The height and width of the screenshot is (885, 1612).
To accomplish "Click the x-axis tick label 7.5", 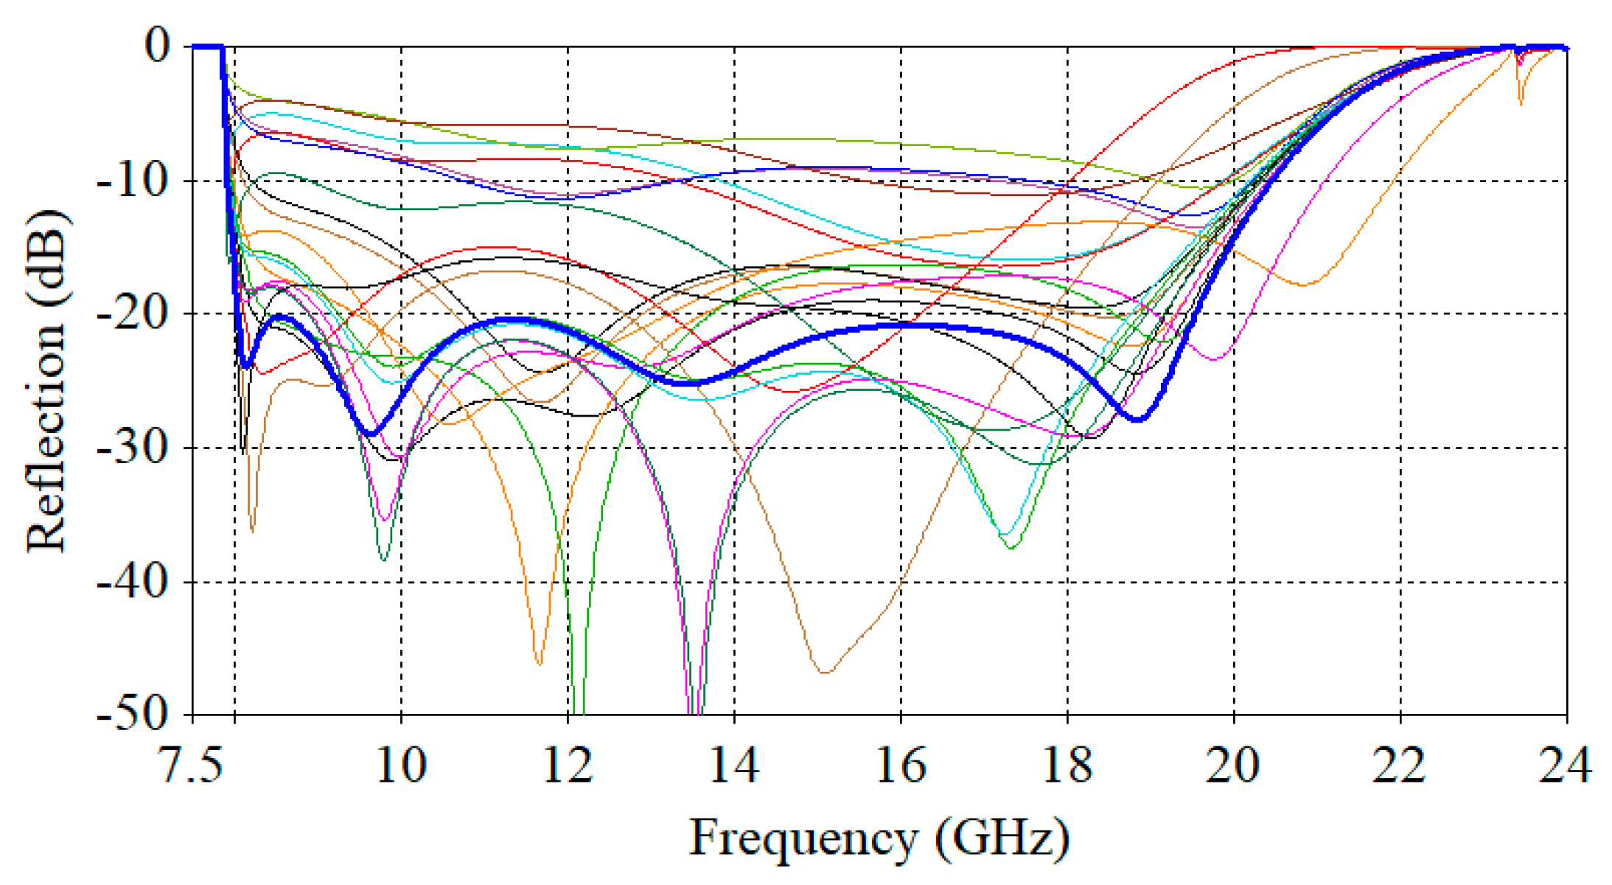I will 191,765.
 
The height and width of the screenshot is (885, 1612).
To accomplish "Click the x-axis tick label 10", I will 401,765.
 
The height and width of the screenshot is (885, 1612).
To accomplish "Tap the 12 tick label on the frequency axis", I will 568,765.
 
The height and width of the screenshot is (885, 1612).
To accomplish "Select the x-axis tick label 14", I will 734,765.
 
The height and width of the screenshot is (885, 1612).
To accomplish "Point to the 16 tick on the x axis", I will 901,765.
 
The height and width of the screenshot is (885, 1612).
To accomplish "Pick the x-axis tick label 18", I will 1067,765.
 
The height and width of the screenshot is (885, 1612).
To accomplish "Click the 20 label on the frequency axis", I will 1232,765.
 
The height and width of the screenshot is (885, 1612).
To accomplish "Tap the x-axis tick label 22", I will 1399,765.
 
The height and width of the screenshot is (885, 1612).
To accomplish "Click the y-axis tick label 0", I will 157,46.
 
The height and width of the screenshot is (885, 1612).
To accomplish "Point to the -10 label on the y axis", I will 133,181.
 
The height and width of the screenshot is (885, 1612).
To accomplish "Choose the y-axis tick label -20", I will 133,314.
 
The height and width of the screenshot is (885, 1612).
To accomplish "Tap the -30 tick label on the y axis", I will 133,448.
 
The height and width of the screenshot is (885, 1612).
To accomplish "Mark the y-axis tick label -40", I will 133,582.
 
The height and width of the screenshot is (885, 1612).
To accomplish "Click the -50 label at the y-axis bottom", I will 133,714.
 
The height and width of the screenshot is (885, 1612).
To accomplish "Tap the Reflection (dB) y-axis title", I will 46,380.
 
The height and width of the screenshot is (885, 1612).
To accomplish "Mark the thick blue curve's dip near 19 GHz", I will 1138,419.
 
